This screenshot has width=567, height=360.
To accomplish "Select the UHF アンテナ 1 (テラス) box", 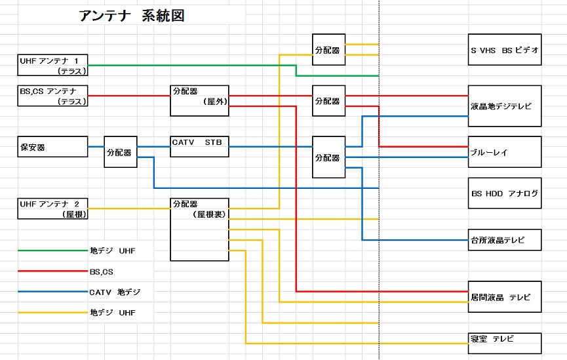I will pos(52,65).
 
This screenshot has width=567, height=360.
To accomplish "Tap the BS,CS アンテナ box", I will pos(52,96).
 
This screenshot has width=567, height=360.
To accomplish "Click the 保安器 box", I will pos(52,147).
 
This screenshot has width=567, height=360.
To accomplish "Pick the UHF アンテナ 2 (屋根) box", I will pos(52,209).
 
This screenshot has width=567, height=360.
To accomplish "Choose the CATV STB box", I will pos(199,147).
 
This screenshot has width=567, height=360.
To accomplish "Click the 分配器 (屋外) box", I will pos(199,100).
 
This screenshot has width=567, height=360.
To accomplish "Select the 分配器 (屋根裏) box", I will pos(199,229).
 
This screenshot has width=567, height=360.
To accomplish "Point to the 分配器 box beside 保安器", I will pos(121,152).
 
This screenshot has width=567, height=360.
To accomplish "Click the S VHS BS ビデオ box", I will pos(505,50).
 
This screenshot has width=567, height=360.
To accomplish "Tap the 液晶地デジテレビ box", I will pos(505,106).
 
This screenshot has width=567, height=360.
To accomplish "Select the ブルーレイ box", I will pos(505,151).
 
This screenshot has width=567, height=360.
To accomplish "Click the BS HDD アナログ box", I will pos(505,193).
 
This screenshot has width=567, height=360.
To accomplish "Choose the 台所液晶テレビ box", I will pos(505,239).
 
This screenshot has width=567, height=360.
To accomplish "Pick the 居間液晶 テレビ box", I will pos(505,296).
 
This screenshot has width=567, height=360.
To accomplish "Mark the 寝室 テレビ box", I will pos(505,343).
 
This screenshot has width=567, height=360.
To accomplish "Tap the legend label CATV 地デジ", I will pos(115,292).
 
